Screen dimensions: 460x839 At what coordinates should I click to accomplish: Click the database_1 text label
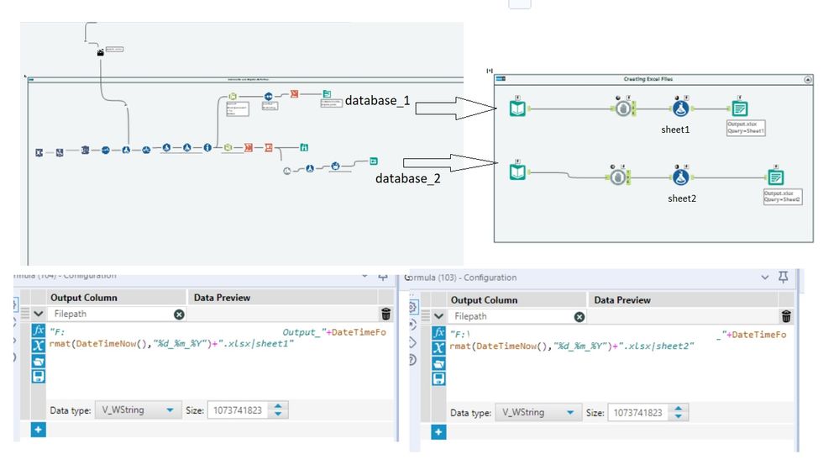(377, 101)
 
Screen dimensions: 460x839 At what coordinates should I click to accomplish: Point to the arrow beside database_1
(454, 108)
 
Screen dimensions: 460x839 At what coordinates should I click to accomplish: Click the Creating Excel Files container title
(647, 79)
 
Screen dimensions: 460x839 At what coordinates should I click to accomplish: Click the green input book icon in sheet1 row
(519, 108)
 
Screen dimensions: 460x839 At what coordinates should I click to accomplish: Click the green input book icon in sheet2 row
(519, 172)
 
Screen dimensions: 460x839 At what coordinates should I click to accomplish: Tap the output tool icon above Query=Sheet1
(740, 108)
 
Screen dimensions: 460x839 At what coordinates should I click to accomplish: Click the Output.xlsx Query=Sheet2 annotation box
(782, 196)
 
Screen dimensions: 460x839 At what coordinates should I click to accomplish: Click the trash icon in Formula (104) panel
(385, 315)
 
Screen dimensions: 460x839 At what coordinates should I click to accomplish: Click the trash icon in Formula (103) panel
(786, 316)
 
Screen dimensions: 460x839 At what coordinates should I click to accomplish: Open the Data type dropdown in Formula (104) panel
(136, 410)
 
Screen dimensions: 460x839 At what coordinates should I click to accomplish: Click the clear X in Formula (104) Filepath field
(179, 315)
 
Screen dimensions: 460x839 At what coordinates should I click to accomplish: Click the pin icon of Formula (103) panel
(784, 278)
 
